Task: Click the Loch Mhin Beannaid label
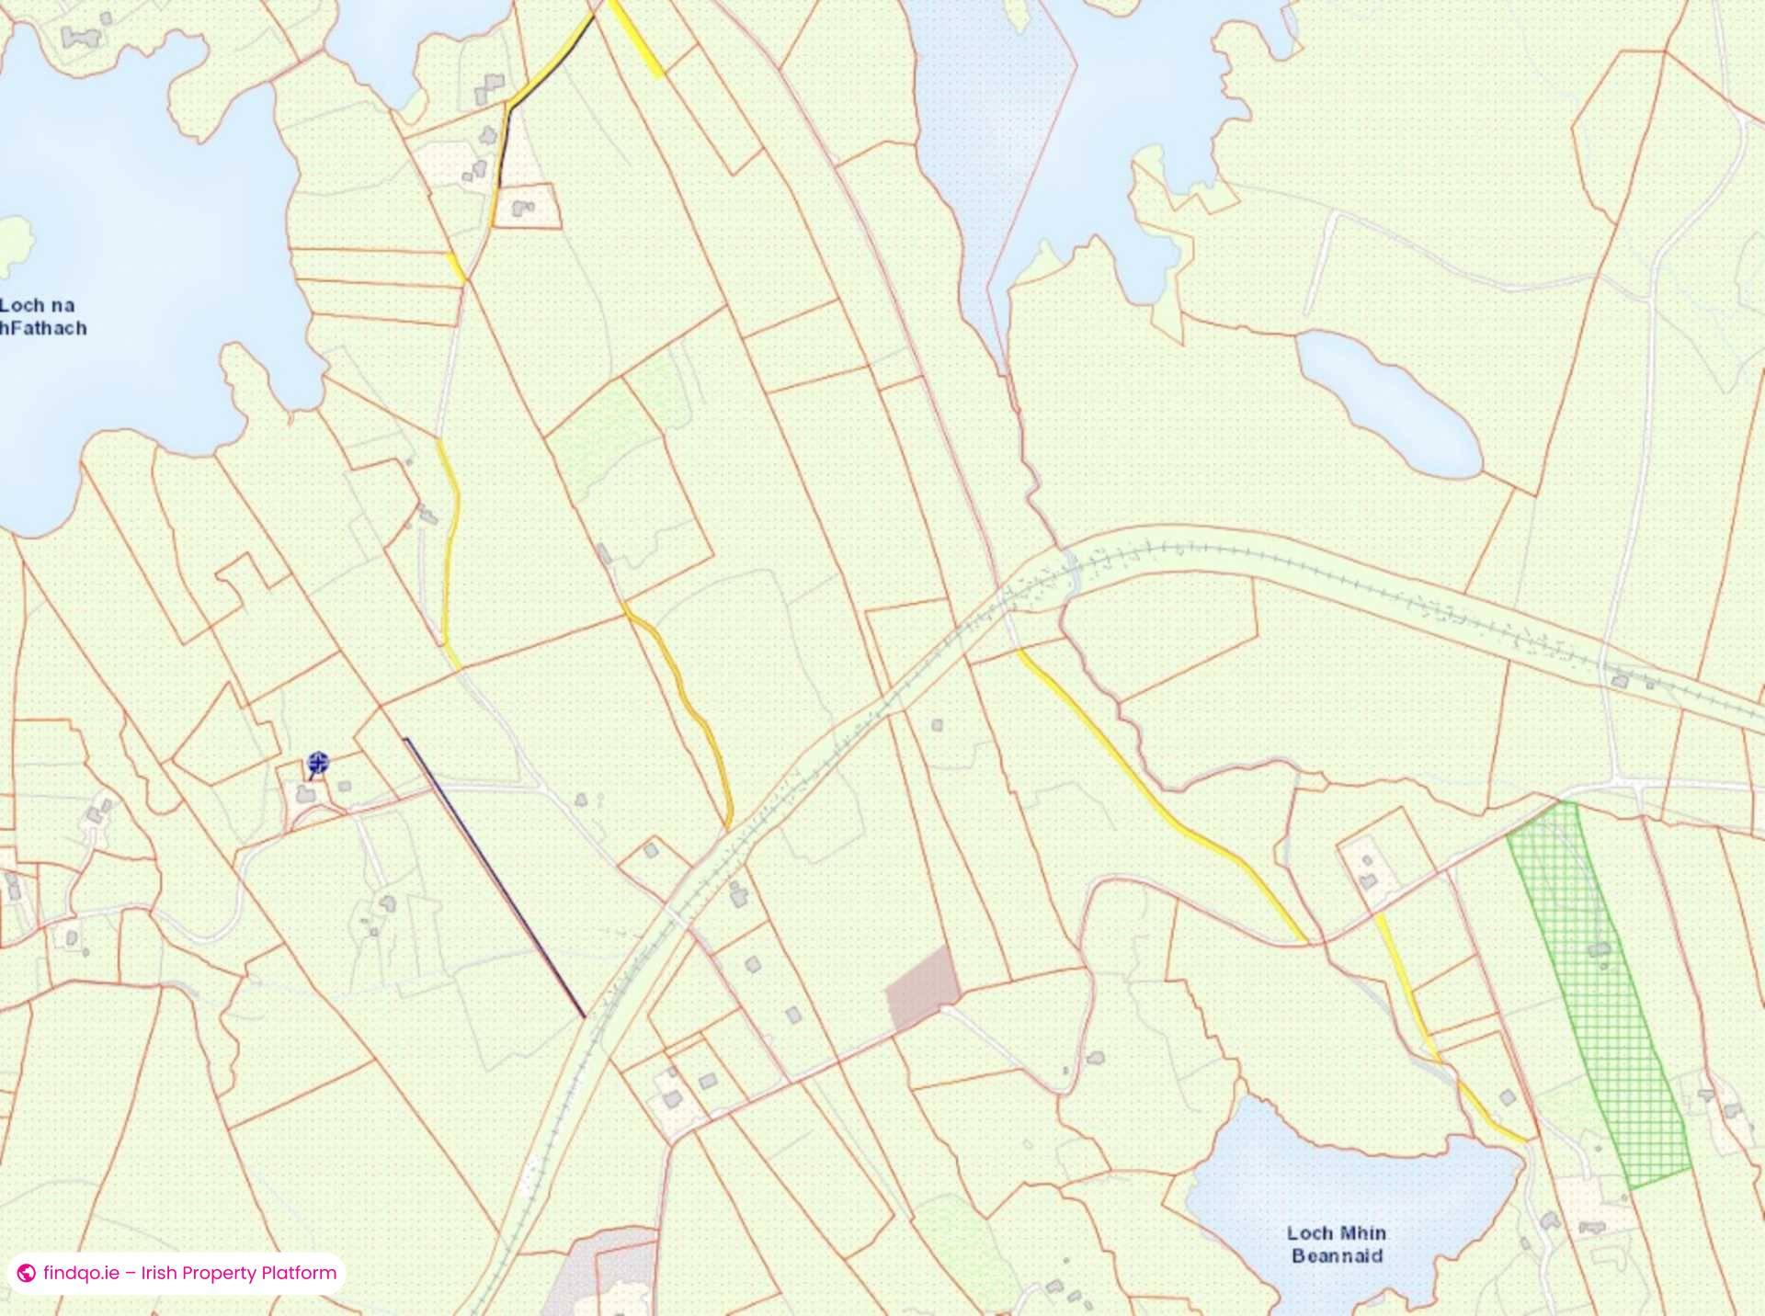pos(1337,1244)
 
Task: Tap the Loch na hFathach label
pos(42,316)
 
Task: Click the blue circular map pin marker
pos(318,762)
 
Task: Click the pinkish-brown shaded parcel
pos(923,987)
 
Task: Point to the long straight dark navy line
pos(495,878)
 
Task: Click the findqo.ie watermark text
pos(189,1273)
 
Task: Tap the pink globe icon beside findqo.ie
pos(27,1273)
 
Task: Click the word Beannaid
pos(1337,1256)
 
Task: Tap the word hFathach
pos(44,328)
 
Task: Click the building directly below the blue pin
pos(305,793)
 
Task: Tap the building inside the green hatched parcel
pos(1600,948)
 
